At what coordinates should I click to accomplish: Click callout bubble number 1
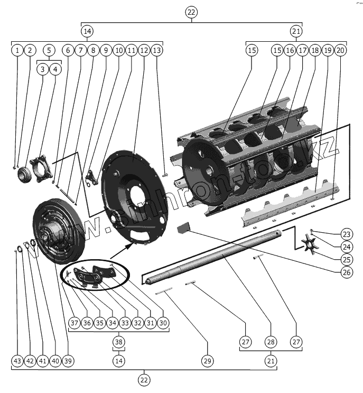pyautogui.click(x=17, y=50)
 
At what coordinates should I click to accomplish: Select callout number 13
pyautogui.click(x=157, y=50)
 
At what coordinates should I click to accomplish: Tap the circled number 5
pyautogui.click(x=49, y=50)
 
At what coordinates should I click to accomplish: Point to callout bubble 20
pyautogui.click(x=340, y=50)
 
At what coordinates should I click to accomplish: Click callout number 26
pyautogui.click(x=347, y=273)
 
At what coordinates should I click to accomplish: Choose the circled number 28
pyautogui.click(x=271, y=342)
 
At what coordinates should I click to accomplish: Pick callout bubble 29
pyautogui.click(x=207, y=361)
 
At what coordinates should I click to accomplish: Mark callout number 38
pyautogui.click(x=119, y=342)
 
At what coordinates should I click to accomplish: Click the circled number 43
pyautogui.click(x=17, y=361)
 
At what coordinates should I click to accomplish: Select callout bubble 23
pyautogui.click(x=347, y=234)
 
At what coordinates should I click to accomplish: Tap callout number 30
pyautogui.click(x=163, y=323)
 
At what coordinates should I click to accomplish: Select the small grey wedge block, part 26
pyautogui.click(x=183, y=228)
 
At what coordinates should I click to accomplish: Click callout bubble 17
pyautogui.click(x=302, y=50)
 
